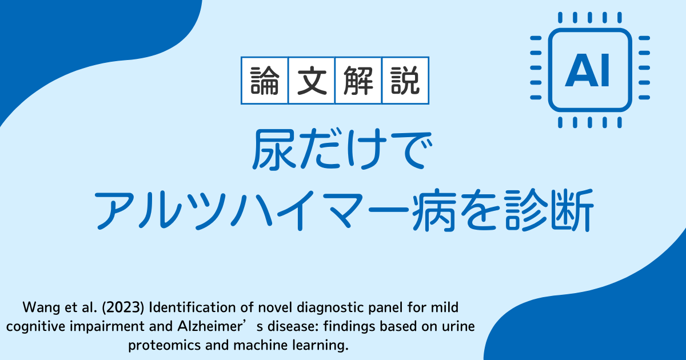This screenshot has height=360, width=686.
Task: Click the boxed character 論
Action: (x=265, y=81)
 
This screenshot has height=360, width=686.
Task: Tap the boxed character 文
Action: (x=312, y=81)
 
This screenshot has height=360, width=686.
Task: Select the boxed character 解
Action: (x=358, y=81)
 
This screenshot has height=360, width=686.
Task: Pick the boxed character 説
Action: (x=405, y=81)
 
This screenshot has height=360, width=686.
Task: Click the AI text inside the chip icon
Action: (x=587, y=70)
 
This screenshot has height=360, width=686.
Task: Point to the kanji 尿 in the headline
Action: (x=274, y=149)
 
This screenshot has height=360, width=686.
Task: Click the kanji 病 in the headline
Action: (x=433, y=210)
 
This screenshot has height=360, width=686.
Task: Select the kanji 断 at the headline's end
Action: (x=572, y=210)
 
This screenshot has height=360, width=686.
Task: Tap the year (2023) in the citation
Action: (x=123, y=307)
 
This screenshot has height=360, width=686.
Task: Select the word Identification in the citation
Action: (x=192, y=307)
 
